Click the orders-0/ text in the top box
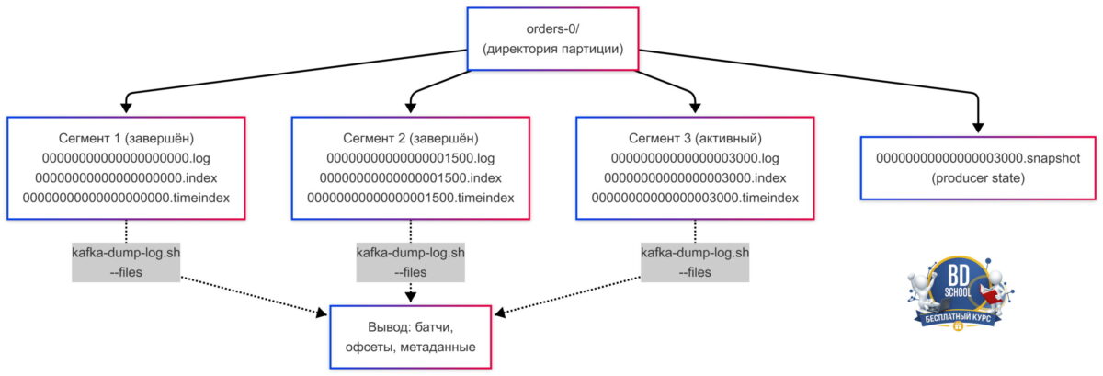552,29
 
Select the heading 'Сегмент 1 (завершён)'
126,139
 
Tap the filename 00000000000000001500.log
410,158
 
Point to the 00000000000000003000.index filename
695,178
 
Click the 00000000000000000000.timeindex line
126,198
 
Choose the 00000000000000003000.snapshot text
978,158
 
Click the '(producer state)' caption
978,178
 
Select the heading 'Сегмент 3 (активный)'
695,139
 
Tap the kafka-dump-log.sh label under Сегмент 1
126,253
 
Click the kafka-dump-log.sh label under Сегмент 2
410,253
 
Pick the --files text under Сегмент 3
695,272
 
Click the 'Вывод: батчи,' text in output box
410,327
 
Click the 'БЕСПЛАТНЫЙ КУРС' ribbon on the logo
958,319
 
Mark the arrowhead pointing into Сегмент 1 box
126,107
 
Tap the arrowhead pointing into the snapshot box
978,127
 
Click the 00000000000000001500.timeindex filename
410,198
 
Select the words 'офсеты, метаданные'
410,347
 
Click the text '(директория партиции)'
552,49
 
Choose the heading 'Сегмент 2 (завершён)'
410,139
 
